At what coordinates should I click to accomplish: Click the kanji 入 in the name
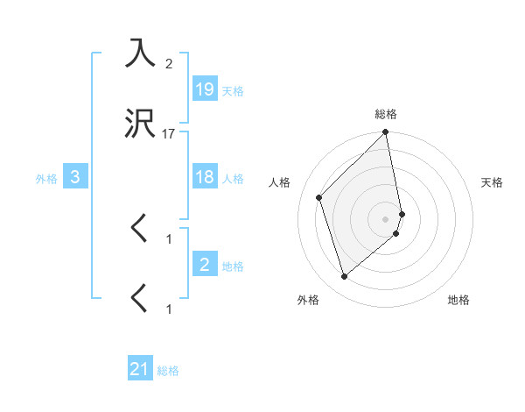[x=141, y=53]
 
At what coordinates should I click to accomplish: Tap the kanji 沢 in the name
[x=141, y=125]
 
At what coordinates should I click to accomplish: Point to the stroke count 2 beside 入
[x=169, y=64]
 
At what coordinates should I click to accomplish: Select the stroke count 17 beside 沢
[x=169, y=134]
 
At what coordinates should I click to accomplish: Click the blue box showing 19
[x=205, y=89]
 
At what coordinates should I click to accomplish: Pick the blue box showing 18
[x=205, y=177]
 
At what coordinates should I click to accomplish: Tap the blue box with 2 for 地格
[x=205, y=264]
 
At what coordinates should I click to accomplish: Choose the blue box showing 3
[x=76, y=177]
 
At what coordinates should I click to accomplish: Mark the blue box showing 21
[x=140, y=369]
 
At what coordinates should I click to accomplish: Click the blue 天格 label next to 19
[x=233, y=90]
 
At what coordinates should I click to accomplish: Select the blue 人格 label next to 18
[x=233, y=179]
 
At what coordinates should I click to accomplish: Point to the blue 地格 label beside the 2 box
[x=233, y=266]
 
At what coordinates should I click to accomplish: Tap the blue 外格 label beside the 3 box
[x=46, y=179]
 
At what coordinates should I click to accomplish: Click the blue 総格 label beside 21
[x=168, y=371]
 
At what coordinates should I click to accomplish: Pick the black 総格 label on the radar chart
[x=386, y=114]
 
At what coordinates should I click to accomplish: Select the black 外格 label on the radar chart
[x=308, y=300]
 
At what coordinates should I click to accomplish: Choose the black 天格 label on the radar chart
[x=492, y=182]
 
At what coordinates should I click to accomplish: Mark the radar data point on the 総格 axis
[x=385, y=132]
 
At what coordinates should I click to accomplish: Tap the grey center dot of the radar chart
[x=385, y=218]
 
